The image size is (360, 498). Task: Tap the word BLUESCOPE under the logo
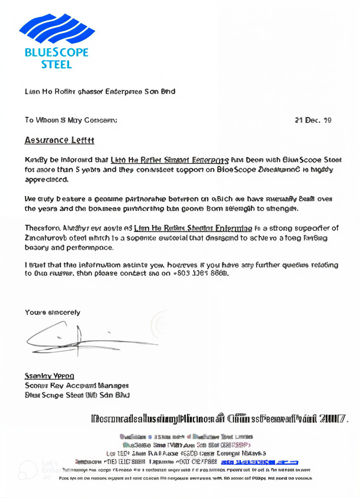pos(57,53)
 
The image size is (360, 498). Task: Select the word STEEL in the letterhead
pos(57,65)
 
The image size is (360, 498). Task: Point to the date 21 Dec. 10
pos(313,120)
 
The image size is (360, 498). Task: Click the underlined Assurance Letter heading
pos(59,140)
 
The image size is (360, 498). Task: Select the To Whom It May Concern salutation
pos(71,120)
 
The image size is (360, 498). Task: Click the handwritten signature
pos(85,337)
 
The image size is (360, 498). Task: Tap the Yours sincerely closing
pos(53,313)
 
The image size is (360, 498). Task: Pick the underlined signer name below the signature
pos(50,376)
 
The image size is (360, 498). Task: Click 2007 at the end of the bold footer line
pos(334,419)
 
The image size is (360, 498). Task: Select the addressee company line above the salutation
pos(100,91)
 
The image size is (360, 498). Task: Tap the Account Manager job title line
pos(77,386)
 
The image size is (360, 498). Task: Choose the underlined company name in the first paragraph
pos(170,160)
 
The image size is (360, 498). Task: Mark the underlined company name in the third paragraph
pos(193,228)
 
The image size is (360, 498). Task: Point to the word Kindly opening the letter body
pos(36,160)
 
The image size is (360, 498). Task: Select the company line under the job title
pos(78,395)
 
